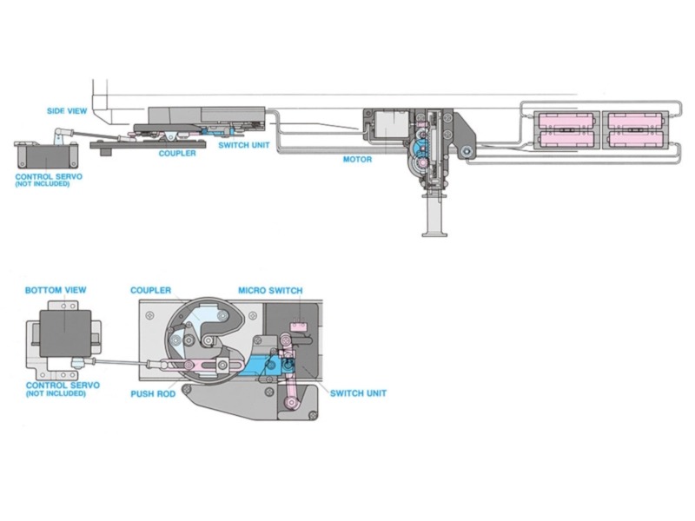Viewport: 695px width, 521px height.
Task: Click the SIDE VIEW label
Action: point(67,111)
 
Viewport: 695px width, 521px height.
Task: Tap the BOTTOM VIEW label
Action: point(56,289)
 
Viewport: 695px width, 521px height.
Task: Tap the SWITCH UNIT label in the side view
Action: point(243,145)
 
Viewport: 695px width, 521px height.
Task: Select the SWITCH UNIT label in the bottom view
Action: point(358,393)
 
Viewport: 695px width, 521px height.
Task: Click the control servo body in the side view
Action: point(39,157)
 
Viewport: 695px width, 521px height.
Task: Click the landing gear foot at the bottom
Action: point(434,232)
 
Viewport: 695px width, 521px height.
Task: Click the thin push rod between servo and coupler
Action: point(122,362)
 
